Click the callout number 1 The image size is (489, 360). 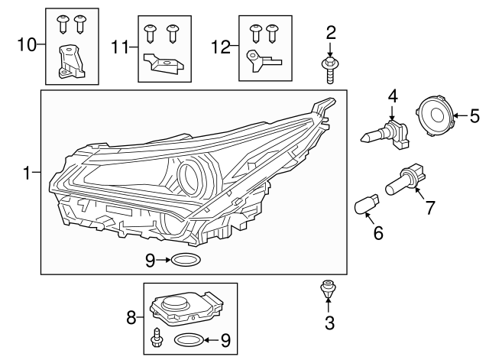tap(27, 174)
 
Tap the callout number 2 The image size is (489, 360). tap(331, 32)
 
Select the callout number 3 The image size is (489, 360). tap(329, 323)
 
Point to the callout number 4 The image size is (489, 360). tap(393, 97)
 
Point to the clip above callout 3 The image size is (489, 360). tap(328, 290)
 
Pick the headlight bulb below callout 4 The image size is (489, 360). tap(385, 133)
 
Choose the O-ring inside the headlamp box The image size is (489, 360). tap(185, 261)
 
